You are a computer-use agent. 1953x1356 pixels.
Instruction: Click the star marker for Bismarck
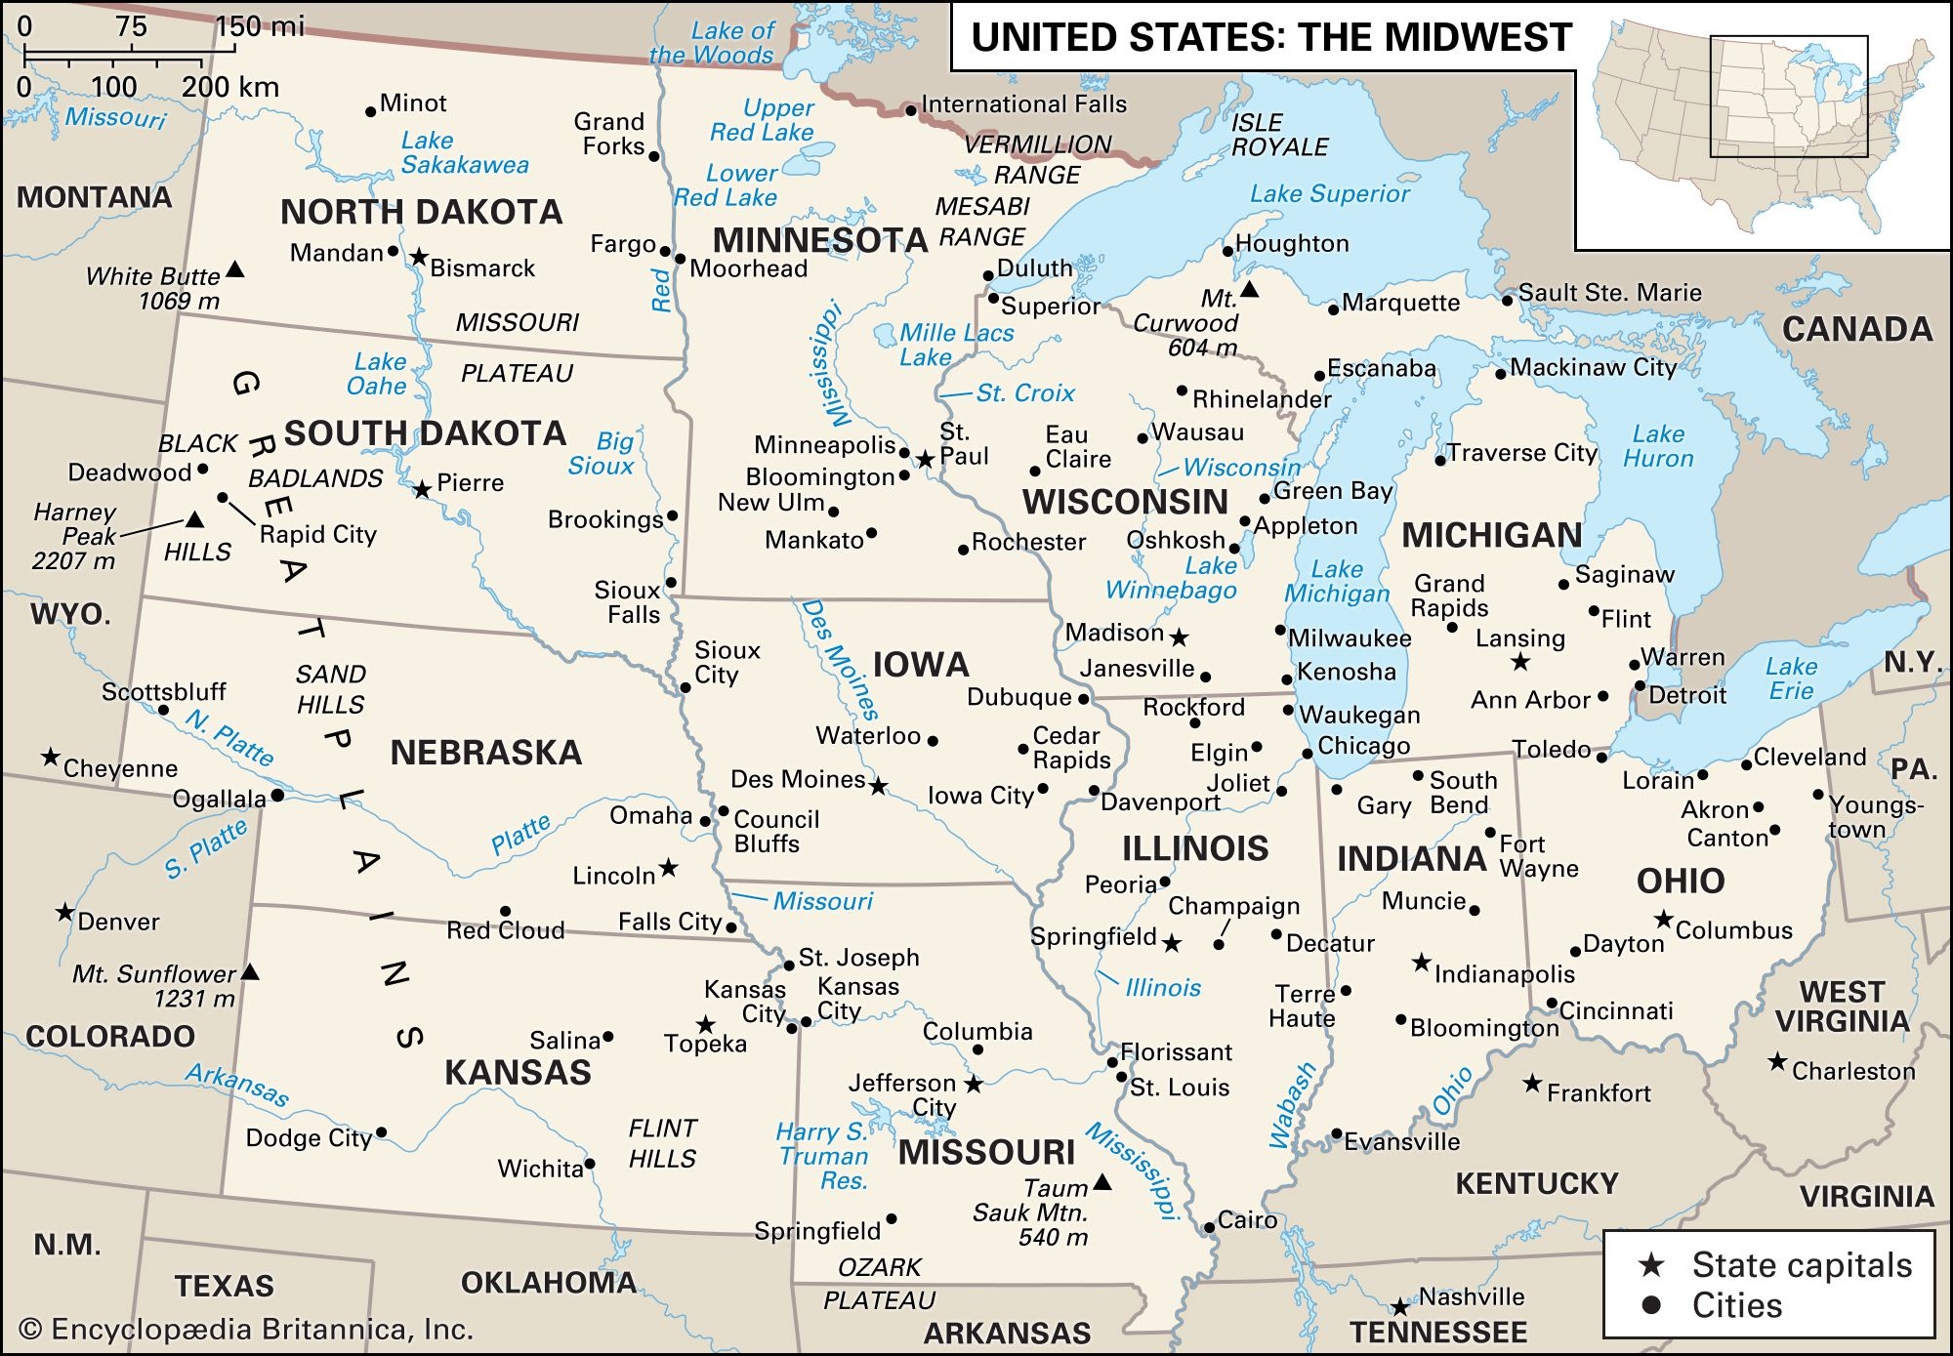pyautogui.click(x=418, y=257)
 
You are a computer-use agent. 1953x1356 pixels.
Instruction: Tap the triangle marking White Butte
pyautogui.click(x=235, y=268)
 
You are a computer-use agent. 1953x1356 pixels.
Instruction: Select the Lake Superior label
pyautogui.click(x=1329, y=193)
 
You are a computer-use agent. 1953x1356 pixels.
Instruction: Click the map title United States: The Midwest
pyautogui.click(x=1270, y=37)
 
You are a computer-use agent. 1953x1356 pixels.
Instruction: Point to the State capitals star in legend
pyautogui.click(x=1651, y=1265)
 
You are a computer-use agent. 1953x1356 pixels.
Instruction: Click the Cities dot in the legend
pyautogui.click(x=1651, y=1305)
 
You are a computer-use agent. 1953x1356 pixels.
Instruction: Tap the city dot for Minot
pyautogui.click(x=370, y=111)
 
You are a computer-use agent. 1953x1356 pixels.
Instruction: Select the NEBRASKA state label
pyautogui.click(x=485, y=752)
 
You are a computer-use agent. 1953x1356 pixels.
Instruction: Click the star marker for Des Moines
pyautogui.click(x=879, y=786)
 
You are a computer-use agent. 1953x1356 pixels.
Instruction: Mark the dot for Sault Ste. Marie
pyautogui.click(x=1507, y=301)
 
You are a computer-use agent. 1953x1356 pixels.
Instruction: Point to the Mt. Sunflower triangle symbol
pyautogui.click(x=250, y=971)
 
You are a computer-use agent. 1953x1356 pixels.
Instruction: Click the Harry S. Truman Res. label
pyautogui.click(x=822, y=1156)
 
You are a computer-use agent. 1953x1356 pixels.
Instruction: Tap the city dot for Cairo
pyautogui.click(x=1209, y=1227)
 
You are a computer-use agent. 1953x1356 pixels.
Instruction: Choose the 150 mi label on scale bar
pyautogui.click(x=259, y=26)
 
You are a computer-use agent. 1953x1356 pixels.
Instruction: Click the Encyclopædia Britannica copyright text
pyautogui.click(x=246, y=1329)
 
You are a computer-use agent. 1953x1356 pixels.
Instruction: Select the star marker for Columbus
pyautogui.click(x=1664, y=920)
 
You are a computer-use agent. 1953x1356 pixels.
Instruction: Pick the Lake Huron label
pyautogui.click(x=1658, y=446)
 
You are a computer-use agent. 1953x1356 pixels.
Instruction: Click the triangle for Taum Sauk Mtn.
pyautogui.click(x=1101, y=1182)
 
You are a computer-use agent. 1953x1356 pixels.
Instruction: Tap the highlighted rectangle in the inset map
pyautogui.click(x=1788, y=97)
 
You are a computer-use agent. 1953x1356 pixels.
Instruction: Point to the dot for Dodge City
pyautogui.click(x=381, y=1132)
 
